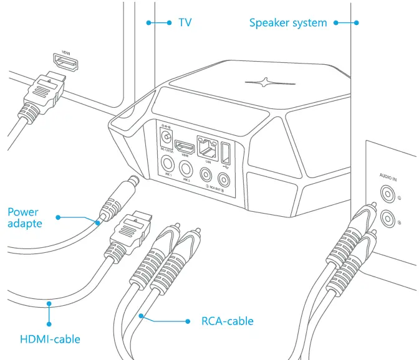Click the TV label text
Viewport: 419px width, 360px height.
(185, 22)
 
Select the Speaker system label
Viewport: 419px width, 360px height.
(288, 23)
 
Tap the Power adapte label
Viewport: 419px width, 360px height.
(27, 217)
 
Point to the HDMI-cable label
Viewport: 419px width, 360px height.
(50, 339)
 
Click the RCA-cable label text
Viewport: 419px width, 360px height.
(227, 321)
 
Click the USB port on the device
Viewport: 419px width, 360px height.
(224, 151)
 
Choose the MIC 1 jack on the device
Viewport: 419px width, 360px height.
(168, 165)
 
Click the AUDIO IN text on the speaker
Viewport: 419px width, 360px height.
(391, 176)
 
